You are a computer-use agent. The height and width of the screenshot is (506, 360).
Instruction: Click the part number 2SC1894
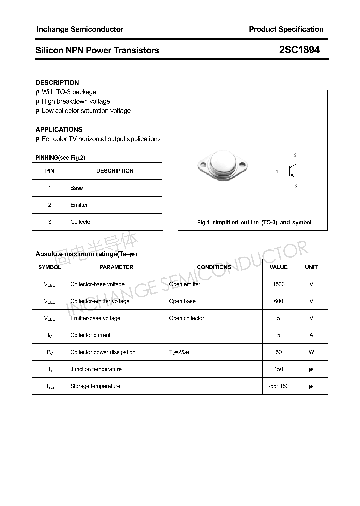299,50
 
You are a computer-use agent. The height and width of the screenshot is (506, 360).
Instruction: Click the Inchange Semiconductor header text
80,29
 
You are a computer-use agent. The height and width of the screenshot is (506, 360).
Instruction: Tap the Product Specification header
286,29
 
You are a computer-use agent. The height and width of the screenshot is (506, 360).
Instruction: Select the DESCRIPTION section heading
57,82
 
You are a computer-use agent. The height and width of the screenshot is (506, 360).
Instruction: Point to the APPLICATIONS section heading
59,129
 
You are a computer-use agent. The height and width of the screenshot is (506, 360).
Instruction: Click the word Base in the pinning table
77,188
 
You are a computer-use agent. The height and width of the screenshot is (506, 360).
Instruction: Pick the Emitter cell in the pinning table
79,205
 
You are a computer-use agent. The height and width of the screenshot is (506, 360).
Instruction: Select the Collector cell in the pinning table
81,222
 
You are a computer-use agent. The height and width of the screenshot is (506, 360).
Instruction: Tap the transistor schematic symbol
292,171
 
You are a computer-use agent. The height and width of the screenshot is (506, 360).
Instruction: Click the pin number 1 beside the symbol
277,172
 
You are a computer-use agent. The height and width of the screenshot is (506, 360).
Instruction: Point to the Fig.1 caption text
254,222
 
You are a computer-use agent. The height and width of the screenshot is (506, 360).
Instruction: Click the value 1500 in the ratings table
278,284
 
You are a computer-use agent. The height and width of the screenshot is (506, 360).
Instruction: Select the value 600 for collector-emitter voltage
278,301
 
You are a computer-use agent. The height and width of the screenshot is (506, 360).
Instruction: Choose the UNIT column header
311,267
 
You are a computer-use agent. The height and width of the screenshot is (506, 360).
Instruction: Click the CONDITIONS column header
214,267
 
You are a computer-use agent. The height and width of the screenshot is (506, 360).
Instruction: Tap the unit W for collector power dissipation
311,352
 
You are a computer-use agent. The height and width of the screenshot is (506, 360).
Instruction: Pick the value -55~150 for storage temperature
278,386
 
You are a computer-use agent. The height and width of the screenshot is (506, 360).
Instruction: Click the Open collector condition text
186,318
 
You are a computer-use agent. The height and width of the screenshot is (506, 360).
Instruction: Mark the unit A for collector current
311,335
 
